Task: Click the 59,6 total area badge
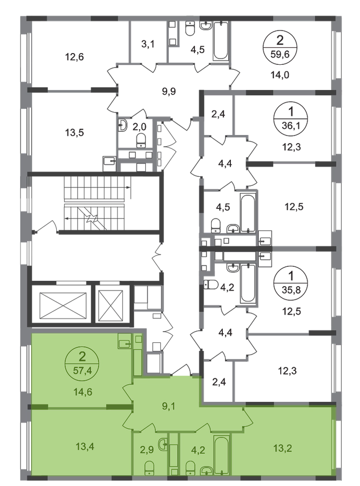point(280,47)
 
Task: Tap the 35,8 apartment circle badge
point(290,283)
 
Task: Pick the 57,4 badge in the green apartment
point(82,363)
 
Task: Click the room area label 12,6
point(74,57)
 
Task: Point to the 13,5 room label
point(74,133)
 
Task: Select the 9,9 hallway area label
point(169,92)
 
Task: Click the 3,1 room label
point(148,44)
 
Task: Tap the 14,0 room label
point(280,74)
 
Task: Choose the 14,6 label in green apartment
point(82,392)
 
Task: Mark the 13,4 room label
point(85,447)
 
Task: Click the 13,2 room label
point(282,448)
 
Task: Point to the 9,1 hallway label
point(169,406)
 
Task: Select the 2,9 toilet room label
point(147,450)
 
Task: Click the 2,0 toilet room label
point(139,127)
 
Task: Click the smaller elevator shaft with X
point(110,305)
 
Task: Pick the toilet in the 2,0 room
point(141,140)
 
